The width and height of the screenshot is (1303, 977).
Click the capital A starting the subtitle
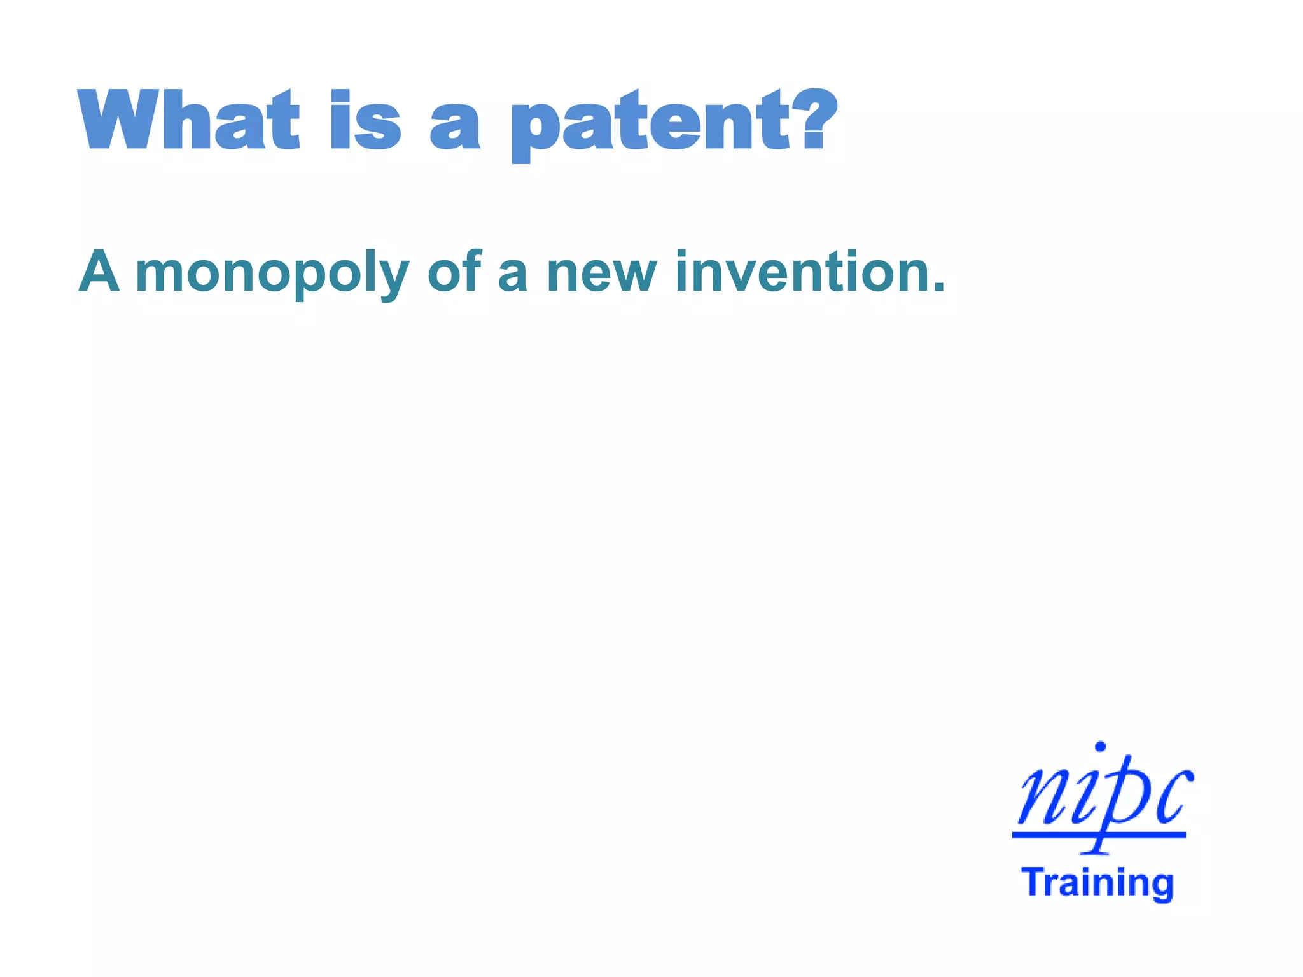pos(99,272)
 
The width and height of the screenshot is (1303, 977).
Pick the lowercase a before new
pos(513,277)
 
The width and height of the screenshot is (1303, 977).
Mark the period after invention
pos(938,288)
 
